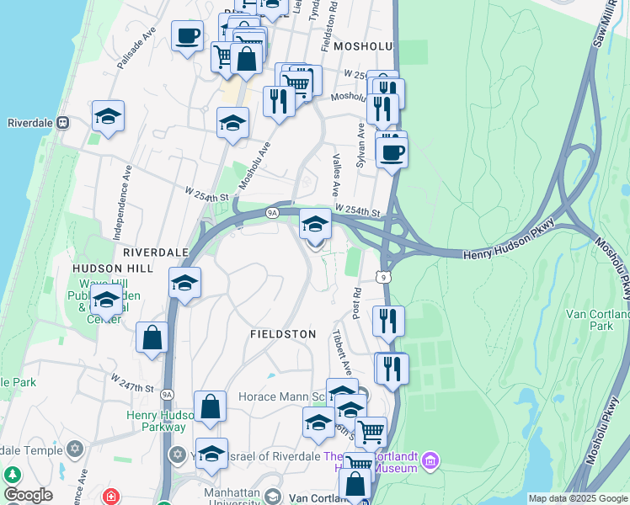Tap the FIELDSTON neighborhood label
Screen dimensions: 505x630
[x=283, y=334]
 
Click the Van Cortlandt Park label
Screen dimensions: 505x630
[x=597, y=320]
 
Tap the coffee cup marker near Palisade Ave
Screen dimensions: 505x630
[x=187, y=36]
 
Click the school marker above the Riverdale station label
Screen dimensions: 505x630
[x=108, y=116]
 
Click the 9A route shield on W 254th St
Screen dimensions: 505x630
[x=272, y=212]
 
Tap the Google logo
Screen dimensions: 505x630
[x=28, y=495]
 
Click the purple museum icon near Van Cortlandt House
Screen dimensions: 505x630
[x=430, y=460]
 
